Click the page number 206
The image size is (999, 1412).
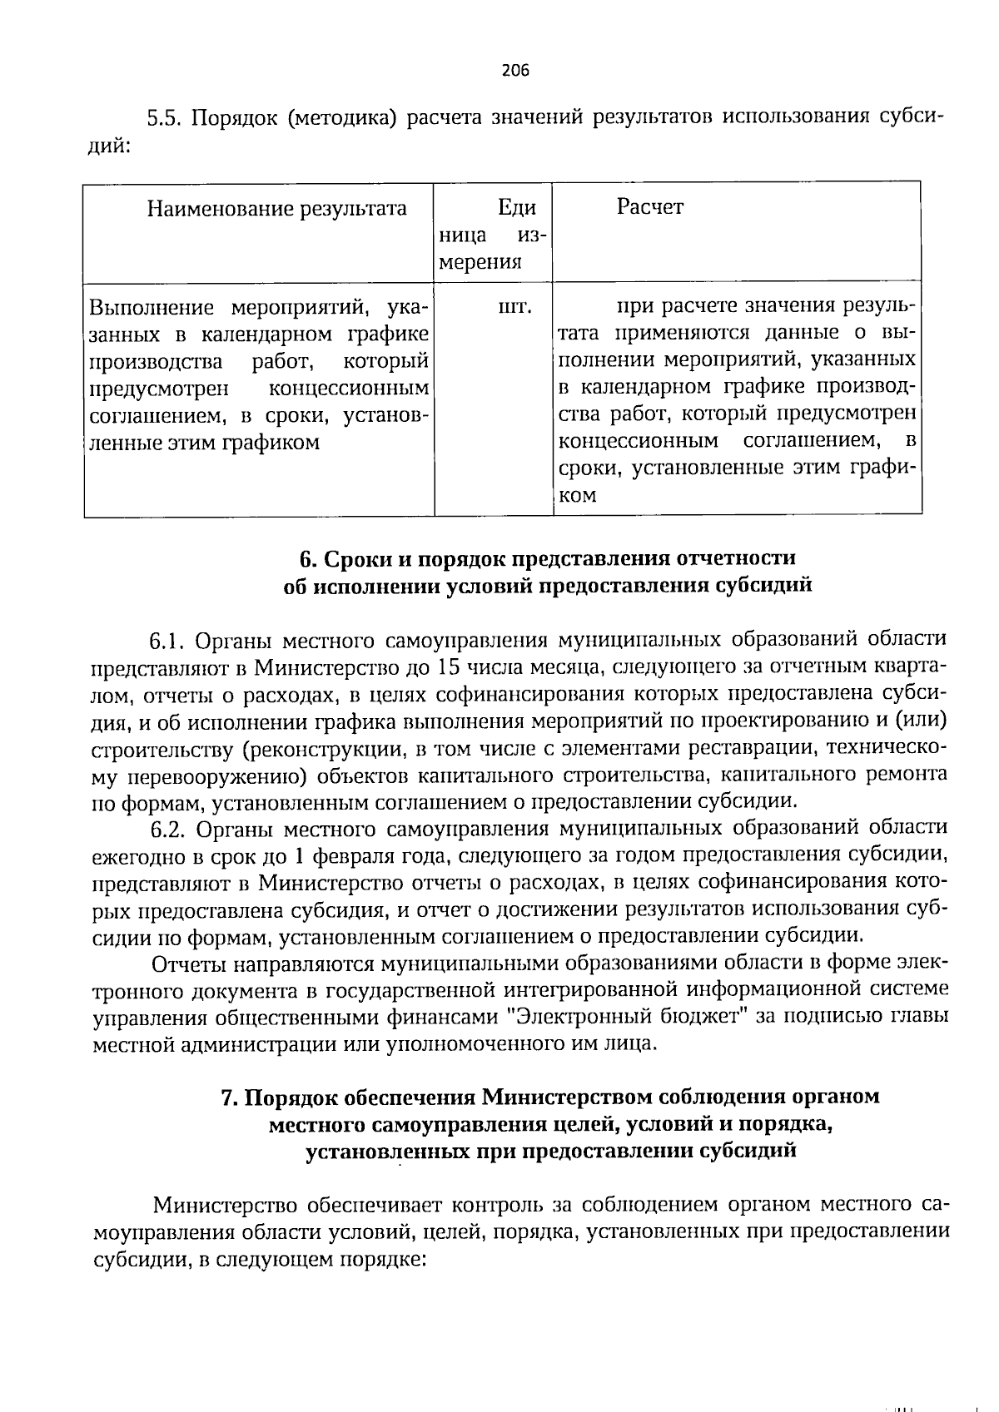(x=515, y=70)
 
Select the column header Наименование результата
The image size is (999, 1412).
(x=276, y=208)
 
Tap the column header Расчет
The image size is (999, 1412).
(x=649, y=206)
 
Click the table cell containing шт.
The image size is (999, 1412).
(x=513, y=309)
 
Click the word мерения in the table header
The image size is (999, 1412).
(x=480, y=262)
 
